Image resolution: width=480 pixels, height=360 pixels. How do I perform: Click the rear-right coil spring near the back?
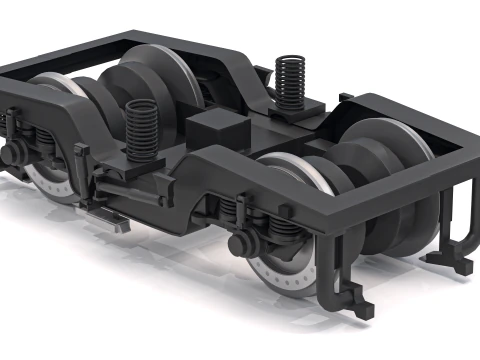pyautogui.click(x=289, y=80)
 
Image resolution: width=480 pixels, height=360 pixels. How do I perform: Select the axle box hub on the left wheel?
pyautogui.click(x=15, y=153)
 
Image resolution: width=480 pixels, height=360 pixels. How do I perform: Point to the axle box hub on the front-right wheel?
pyautogui.click(x=240, y=243)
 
